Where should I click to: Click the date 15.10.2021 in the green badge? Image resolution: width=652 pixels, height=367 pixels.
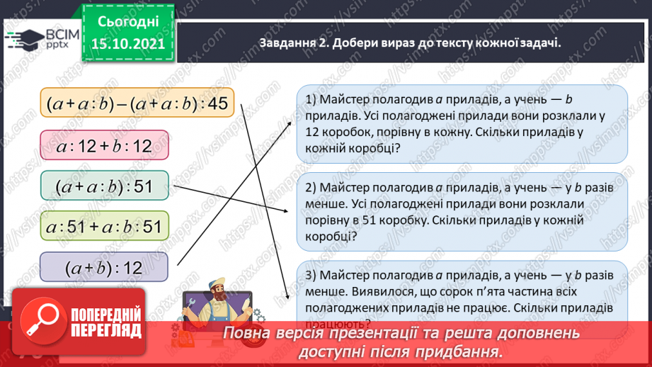(128, 44)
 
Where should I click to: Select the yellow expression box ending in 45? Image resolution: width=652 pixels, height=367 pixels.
(136, 104)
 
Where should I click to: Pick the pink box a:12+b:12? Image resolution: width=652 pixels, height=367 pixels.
(104, 147)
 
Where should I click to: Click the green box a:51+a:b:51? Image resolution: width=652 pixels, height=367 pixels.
(104, 227)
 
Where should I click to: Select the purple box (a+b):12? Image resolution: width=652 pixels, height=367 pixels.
(104, 268)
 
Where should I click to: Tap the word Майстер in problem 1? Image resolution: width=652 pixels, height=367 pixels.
(348, 98)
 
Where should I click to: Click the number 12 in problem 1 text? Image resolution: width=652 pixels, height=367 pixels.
(313, 132)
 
